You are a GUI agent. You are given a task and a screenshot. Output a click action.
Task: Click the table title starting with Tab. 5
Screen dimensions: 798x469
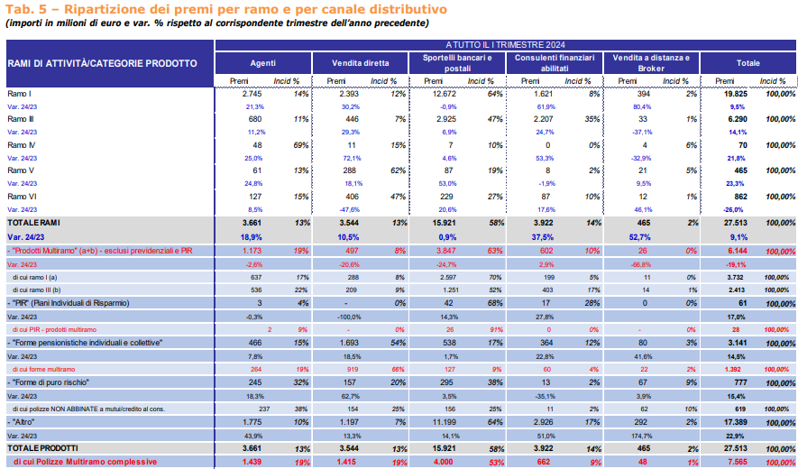[226, 9]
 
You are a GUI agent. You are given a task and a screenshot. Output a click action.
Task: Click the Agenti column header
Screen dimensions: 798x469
[263, 63]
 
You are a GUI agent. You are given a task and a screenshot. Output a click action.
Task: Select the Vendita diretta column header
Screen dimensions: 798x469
[361, 63]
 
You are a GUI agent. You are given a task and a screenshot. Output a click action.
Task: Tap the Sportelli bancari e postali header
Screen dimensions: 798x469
[457, 63]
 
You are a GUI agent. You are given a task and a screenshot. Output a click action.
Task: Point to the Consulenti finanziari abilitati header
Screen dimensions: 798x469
[555, 63]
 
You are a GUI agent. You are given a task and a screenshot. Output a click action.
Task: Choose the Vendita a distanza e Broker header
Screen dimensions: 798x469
[651, 63]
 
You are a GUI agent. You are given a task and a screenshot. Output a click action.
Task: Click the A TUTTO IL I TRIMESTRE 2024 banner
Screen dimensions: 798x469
[505, 45]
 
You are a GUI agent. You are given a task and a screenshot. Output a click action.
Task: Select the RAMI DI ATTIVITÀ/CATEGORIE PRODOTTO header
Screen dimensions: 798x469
[102, 64]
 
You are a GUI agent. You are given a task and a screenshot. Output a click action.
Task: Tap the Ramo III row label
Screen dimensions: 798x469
[21, 119]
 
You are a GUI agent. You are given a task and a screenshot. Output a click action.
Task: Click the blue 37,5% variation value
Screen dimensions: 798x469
[543, 237]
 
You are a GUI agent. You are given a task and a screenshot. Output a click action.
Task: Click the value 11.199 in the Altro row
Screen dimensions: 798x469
[445, 422]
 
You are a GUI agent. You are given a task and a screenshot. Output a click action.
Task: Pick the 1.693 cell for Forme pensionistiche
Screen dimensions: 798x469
[349, 344]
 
